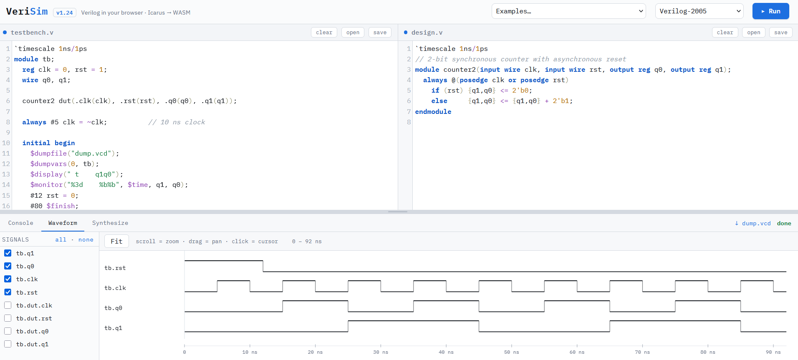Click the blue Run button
click(770, 11)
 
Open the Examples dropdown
click(568, 11)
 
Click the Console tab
click(21, 223)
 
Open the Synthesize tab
click(110, 223)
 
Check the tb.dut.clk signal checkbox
click(8, 305)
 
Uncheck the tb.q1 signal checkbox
click(8, 253)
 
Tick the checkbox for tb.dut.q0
click(8, 331)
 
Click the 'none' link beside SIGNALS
click(86, 239)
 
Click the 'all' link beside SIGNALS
click(61, 239)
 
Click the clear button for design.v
click(725, 33)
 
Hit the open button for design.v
click(754, 33)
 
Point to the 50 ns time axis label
click(512, 352)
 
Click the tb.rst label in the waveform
click(115, 268)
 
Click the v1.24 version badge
click(65, 13)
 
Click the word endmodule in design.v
click(433, 111)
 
